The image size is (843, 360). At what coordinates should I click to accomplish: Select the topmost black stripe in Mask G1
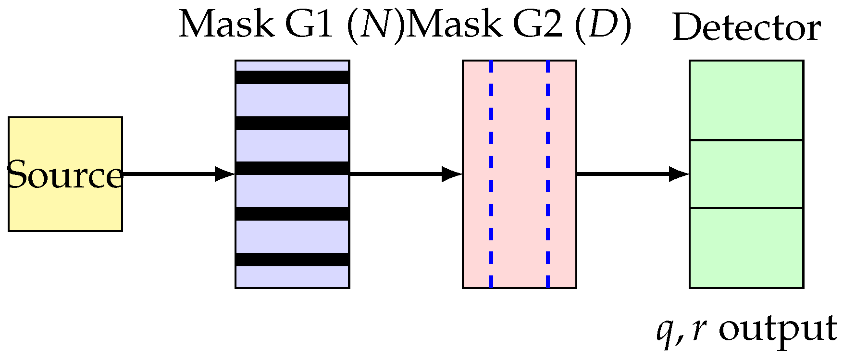coord(292,77)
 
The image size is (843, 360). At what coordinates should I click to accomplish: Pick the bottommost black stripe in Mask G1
coord(292,259)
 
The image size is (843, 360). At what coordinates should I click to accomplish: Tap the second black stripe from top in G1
coord(292,123)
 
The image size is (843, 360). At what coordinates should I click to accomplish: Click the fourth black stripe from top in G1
coord(292,213)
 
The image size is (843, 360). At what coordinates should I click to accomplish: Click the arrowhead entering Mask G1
coord(224,174)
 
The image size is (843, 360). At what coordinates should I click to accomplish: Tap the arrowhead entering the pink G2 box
coord(452,174)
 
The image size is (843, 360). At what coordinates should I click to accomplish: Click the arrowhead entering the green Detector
coord(679,174)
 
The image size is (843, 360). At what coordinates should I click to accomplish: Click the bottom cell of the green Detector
coord(746,248)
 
